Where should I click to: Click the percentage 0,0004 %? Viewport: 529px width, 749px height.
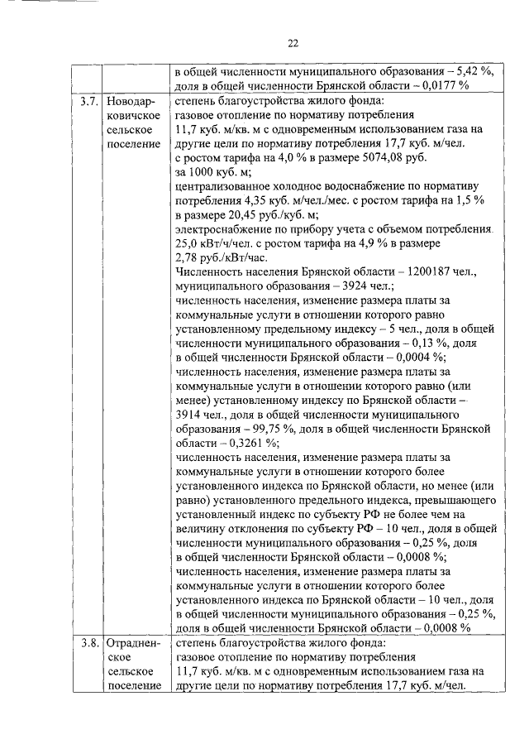click(414, 358)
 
